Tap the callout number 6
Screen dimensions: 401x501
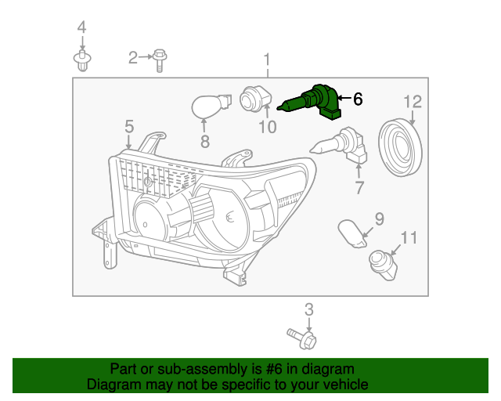(358, 99)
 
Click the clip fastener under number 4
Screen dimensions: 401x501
(81, 60)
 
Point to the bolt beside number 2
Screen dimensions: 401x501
(160, 57)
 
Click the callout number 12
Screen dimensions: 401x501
(413, 101)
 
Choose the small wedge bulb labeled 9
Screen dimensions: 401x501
(353, 233)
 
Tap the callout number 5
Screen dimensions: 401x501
(128, 126)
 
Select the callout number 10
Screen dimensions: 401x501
(267, 127)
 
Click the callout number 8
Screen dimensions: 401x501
(205, 142)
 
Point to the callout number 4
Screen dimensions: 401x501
(81, 28)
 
